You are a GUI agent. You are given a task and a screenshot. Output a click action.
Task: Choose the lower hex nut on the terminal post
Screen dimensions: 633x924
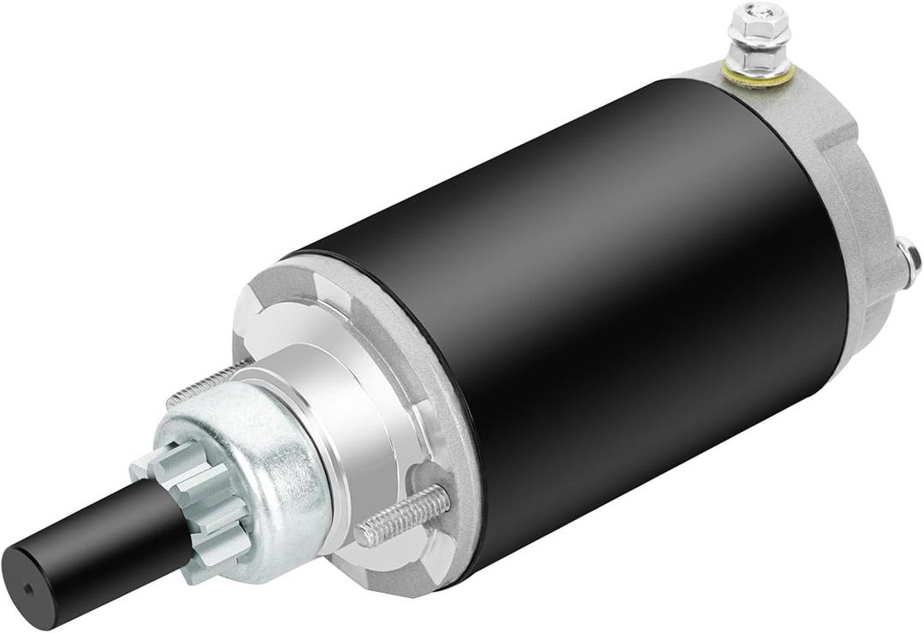[759, 60]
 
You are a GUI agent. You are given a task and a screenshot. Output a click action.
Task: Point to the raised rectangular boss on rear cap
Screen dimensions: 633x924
[834, 137]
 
